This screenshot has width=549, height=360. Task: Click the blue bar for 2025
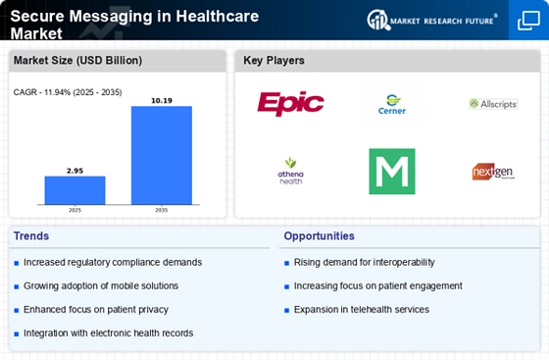(75, 190)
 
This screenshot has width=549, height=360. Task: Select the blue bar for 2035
(162, 155)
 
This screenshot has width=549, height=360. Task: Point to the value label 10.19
(162, 100)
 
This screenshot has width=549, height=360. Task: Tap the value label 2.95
(75, 171)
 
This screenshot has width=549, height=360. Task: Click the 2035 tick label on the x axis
(162, 210)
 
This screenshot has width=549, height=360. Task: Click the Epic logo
(290, 103)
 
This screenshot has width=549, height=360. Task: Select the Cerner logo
(392, 104)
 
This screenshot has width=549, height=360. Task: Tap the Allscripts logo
(493, 104)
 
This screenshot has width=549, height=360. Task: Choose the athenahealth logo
(290, 172)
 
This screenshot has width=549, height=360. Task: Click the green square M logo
(392, 172)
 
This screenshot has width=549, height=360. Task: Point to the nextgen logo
(493, 172)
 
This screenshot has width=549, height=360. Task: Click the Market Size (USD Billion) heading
(77, 60)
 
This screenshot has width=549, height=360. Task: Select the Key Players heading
(274, 60)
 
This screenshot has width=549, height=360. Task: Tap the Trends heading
(31, 236)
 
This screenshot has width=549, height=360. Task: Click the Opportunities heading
(319, 236)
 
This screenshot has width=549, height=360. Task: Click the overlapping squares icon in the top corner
(528, 21)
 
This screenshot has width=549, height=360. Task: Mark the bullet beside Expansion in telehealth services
(286, 310)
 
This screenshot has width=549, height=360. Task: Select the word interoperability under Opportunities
(404, 263)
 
